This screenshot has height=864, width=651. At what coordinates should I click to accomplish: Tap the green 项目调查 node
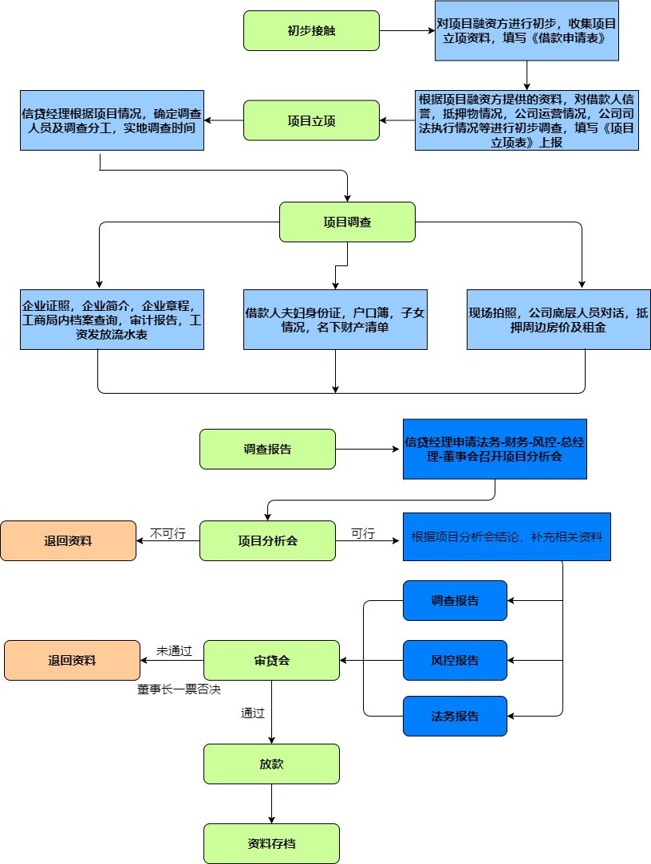[x=347, y=222]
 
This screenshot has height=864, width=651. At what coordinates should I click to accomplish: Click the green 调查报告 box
[x=267, y=449]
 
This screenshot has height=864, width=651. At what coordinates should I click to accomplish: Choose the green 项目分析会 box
[x=267, y=540]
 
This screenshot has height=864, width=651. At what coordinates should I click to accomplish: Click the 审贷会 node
[x=271, y=660]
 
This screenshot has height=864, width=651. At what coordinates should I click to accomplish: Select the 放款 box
[x=271, y=764]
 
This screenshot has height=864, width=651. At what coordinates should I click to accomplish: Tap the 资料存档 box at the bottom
[x=271, y=843]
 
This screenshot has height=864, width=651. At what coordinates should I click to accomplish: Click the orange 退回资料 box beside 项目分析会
[x=68, y=540]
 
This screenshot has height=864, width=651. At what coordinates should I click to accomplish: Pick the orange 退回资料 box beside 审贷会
[x=72, y=660]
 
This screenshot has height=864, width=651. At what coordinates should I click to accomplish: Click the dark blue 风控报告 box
[x=455, y=660]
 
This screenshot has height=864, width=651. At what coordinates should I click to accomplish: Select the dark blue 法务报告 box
[x=455, y=716]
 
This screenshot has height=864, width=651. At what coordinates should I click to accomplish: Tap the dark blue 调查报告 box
[x=455, y=600]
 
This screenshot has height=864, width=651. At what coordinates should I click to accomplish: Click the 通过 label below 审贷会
[x=252, y=713]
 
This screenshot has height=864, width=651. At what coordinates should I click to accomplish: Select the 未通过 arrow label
[x=174, y=651]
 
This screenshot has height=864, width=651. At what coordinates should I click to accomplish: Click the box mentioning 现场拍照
[x=558, y=319]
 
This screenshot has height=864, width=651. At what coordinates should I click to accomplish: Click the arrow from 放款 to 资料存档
[x=271, y=803]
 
